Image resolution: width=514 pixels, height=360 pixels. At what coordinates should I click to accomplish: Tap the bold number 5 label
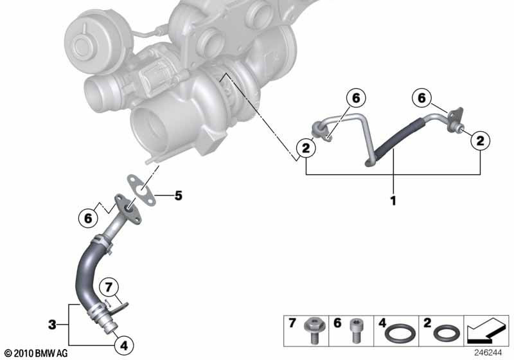pos(178,195)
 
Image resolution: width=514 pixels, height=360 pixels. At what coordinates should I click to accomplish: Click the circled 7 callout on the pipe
pos(109,286)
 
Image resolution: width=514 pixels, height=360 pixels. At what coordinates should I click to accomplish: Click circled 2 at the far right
pos(479,139)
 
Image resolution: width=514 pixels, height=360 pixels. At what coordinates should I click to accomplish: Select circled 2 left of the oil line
pos(306,148)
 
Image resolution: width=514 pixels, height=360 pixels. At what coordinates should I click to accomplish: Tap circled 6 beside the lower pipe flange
pos(88,217)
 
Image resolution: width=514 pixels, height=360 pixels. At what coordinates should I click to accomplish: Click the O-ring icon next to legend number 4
pos(402,333)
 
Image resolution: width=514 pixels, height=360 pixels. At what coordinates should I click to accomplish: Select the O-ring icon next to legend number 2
pos(445,334)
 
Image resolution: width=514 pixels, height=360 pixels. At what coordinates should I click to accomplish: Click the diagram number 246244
pos(490,352)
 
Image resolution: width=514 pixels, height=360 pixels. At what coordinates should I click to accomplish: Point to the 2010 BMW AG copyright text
pos(35,353)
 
